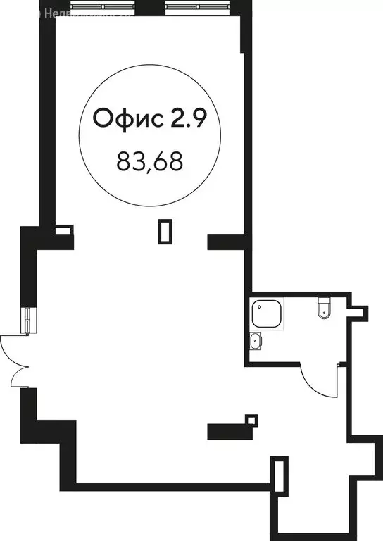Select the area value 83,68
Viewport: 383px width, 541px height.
tap(149, 162)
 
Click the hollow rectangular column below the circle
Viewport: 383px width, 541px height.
tap(165, 231)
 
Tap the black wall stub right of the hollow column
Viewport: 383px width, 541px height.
tap(225, 242)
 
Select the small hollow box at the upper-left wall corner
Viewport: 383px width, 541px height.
tap(63, 230)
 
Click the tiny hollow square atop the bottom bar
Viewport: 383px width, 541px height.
tap(251, 421)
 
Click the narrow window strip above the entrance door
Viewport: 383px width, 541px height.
tap(27, 321)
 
